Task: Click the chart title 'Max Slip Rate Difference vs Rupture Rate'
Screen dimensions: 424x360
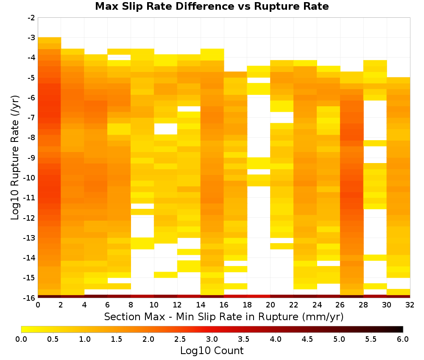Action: pos(212,6)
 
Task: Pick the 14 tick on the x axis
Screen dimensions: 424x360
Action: pos(201,305)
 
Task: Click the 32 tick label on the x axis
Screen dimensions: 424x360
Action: pos(410,305)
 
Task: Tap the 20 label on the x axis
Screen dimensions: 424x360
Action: pos(271,305)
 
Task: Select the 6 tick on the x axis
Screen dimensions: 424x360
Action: pos(108,305)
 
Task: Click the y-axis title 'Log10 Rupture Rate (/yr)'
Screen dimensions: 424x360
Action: pos(15,158)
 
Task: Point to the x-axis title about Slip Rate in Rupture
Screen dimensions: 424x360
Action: pos(224,317)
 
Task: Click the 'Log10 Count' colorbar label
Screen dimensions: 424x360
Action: pos(212,351)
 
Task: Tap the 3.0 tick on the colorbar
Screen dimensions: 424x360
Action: pos(212,339)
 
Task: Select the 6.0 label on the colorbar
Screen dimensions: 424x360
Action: pos(403,339)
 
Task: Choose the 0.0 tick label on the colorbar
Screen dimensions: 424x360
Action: pos(21,339)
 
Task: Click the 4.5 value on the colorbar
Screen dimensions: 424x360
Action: pos(307,339)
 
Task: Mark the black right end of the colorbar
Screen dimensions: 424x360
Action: pos(401,329)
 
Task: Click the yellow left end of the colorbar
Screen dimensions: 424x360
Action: pos(23,329)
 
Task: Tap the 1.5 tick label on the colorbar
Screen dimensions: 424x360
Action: pos(117,339)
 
